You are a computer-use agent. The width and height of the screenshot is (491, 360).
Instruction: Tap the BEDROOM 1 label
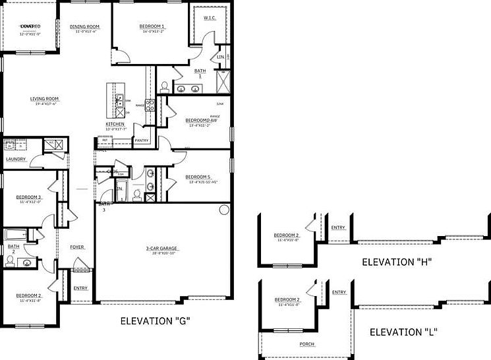pos(152,26)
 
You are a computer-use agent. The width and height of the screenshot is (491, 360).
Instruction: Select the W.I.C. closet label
pos(210,18)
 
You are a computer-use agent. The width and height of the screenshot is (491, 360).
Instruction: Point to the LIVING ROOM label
pos(44,99)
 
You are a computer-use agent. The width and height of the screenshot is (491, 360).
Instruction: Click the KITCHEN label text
pos(115,124)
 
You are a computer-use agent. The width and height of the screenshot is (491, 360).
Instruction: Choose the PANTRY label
pos(141,140)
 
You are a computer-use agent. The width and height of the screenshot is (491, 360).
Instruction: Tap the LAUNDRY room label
pos(16,159)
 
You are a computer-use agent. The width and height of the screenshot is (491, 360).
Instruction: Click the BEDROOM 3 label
pos(29,197)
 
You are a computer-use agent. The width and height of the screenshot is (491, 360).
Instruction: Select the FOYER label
pos(77,247)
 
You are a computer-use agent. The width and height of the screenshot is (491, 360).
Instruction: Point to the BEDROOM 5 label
pos(197,177)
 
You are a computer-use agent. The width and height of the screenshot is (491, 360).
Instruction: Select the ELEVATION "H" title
pos(396,262)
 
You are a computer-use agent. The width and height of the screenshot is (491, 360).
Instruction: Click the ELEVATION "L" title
pos(404,331)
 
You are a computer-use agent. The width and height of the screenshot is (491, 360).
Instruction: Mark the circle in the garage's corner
pos(223,210)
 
